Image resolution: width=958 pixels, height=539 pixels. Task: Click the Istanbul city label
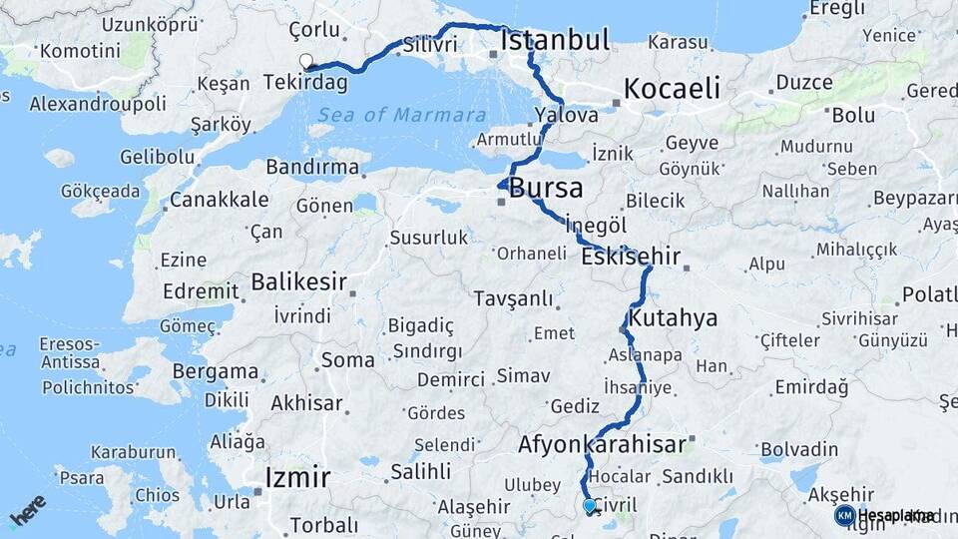pos(555,41)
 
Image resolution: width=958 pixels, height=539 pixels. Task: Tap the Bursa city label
pos(546,188)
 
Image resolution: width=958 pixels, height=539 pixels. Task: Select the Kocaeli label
pos(672,88)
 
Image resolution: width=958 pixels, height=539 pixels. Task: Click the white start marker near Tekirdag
pos(306,61)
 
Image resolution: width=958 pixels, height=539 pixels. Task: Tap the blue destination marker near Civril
pos(591,507)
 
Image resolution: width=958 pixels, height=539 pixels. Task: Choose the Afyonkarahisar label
pos(602,444)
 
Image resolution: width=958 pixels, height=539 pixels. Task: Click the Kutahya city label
pos(674,318)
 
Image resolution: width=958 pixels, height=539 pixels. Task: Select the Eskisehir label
pos(631,257)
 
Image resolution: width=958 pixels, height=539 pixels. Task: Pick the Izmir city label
pos(297,478)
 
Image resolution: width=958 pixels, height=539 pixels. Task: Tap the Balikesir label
pos(297,282)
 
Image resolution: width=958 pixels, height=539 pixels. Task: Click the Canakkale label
pos(219,200)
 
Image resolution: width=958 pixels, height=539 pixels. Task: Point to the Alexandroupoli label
pos(98,104)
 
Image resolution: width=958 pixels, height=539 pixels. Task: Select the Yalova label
pos(566,115)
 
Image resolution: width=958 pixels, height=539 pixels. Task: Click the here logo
pos(28,509)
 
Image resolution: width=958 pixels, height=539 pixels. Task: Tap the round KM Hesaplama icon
pos(844,515)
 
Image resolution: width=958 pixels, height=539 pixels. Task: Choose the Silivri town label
pos(431,45)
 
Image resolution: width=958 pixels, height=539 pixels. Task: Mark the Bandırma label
pos(312,165)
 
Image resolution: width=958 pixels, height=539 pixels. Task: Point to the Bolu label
pos(853,115)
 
